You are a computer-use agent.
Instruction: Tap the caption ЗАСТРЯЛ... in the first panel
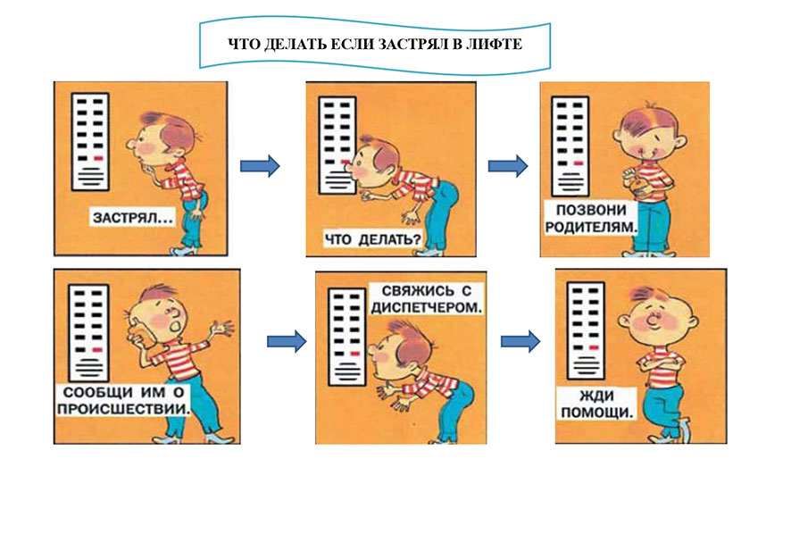click(133, 218)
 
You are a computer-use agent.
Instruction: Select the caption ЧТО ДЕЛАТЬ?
click(372, 238)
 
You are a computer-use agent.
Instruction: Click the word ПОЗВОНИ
click(591, 210)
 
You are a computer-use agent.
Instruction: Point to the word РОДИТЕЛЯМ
click(591, 227)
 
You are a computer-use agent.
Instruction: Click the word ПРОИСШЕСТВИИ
click(123, 408)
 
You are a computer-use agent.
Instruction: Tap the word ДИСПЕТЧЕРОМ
click(427, 307)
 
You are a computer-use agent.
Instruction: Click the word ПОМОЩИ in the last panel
click(596, 413)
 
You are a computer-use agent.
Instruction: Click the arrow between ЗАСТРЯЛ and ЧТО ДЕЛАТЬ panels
click(260, 165)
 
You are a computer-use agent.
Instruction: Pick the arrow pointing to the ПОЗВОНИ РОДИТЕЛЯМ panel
click(508, 165)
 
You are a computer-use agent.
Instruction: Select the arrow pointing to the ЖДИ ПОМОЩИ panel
click(520, 341)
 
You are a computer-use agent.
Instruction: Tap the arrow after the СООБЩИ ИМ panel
click(287, 341)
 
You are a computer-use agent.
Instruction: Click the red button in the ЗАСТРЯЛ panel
click(98, 158)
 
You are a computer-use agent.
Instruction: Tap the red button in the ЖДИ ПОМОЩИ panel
click(594, 347)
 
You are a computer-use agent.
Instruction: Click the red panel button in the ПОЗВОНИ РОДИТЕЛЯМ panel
click(579, 163)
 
